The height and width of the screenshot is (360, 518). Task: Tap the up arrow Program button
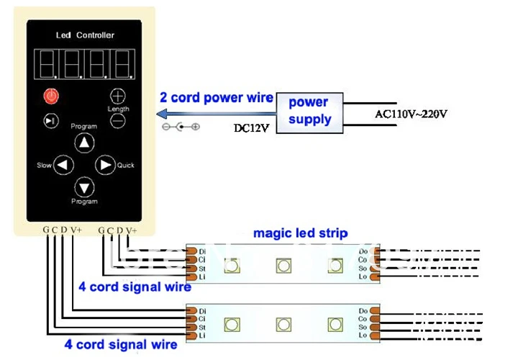pyautogui.click(x=85, y=143)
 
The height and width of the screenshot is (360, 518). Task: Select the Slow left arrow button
pyautogui.click(x=64, y=165)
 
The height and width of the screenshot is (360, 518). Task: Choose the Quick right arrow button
pyautogui.click(x=106, y=165)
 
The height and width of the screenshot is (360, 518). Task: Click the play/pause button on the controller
pyautogui.click(x=51, y=121)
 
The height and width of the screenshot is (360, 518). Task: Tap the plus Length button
pyautogui.click(x=117, y=96)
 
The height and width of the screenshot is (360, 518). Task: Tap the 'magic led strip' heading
pyautogui.click(x=300, y=233)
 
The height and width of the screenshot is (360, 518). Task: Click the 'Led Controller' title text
pyautogui.click(x=85, y=35)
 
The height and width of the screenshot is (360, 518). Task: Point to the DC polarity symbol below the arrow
pyautogui.click(x=181, y=127)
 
